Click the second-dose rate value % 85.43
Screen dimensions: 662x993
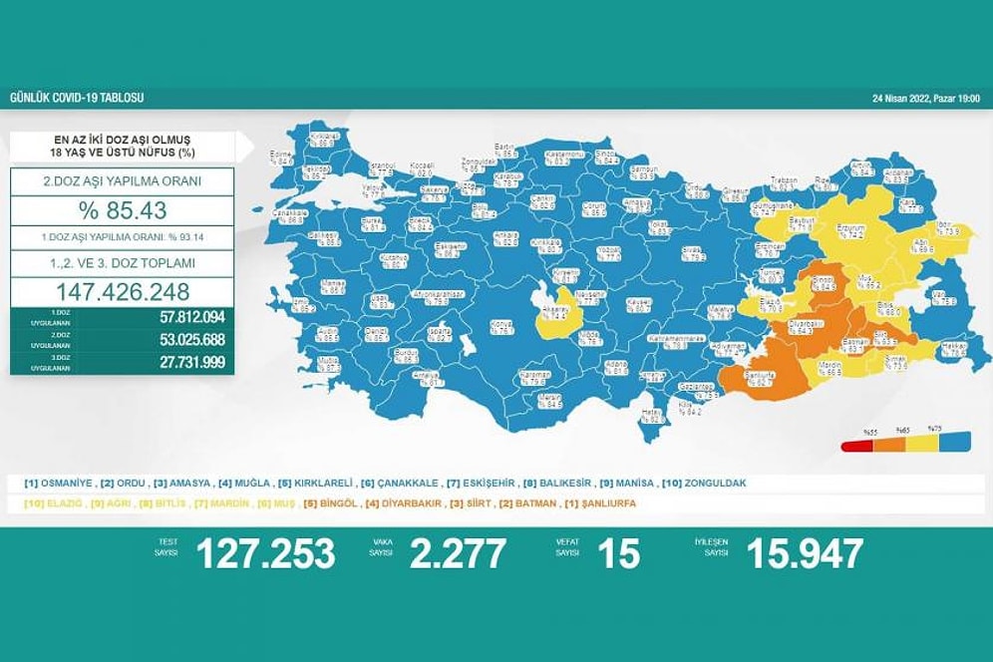(123, 210)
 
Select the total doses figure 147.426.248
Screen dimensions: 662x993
(123, 292)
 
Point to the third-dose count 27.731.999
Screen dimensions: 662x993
(191, 362)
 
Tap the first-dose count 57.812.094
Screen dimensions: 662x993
(191, 317)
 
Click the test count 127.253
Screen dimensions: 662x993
(265, 553)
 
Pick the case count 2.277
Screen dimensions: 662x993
(458, 553)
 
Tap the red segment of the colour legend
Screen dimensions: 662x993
(854, 447)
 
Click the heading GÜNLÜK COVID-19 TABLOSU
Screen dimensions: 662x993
(77, 99)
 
